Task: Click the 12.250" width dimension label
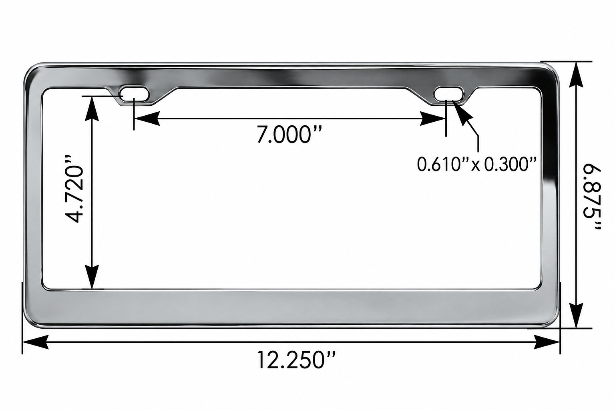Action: pos(296,360)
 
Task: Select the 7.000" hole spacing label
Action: pos(289,134)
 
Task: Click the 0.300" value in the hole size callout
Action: pos(510,164)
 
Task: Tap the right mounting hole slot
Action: pos(448,94)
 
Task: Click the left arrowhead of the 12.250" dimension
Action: pos(36,342)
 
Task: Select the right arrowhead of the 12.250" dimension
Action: pos(547,342)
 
